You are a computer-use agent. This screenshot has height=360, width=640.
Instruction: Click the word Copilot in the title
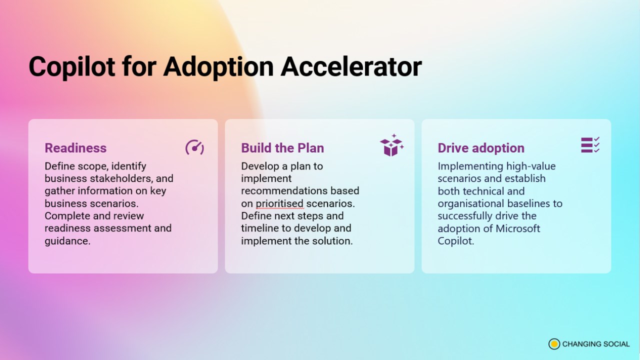[x=72, y=67]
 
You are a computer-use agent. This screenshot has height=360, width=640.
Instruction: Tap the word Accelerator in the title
[x=351, y=66]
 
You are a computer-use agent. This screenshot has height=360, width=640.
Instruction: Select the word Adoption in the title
[x=218, y=67]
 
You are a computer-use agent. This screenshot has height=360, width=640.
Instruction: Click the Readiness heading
[x=75, y=148]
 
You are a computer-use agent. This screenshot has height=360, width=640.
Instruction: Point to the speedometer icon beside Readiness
[x=194, y=147]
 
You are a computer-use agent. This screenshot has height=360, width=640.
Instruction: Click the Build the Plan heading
[x=282, y=148]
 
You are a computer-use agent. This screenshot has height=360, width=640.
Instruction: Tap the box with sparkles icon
[x=391, y=145]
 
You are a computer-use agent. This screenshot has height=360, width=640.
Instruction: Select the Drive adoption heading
[x=481, y=148]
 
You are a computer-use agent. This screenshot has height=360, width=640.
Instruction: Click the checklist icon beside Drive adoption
[x=590, y=144]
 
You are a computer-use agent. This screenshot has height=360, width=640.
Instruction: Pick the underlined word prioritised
[x=279, y=203]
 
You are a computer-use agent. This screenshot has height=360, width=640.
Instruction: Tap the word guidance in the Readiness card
[x=67, y=241]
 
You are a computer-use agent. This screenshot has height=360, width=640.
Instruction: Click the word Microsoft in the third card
[x=517, y=228]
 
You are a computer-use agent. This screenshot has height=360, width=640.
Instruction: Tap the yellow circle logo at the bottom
[x=554, y=344]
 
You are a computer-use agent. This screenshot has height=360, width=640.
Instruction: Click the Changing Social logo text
[x=595, y=344]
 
